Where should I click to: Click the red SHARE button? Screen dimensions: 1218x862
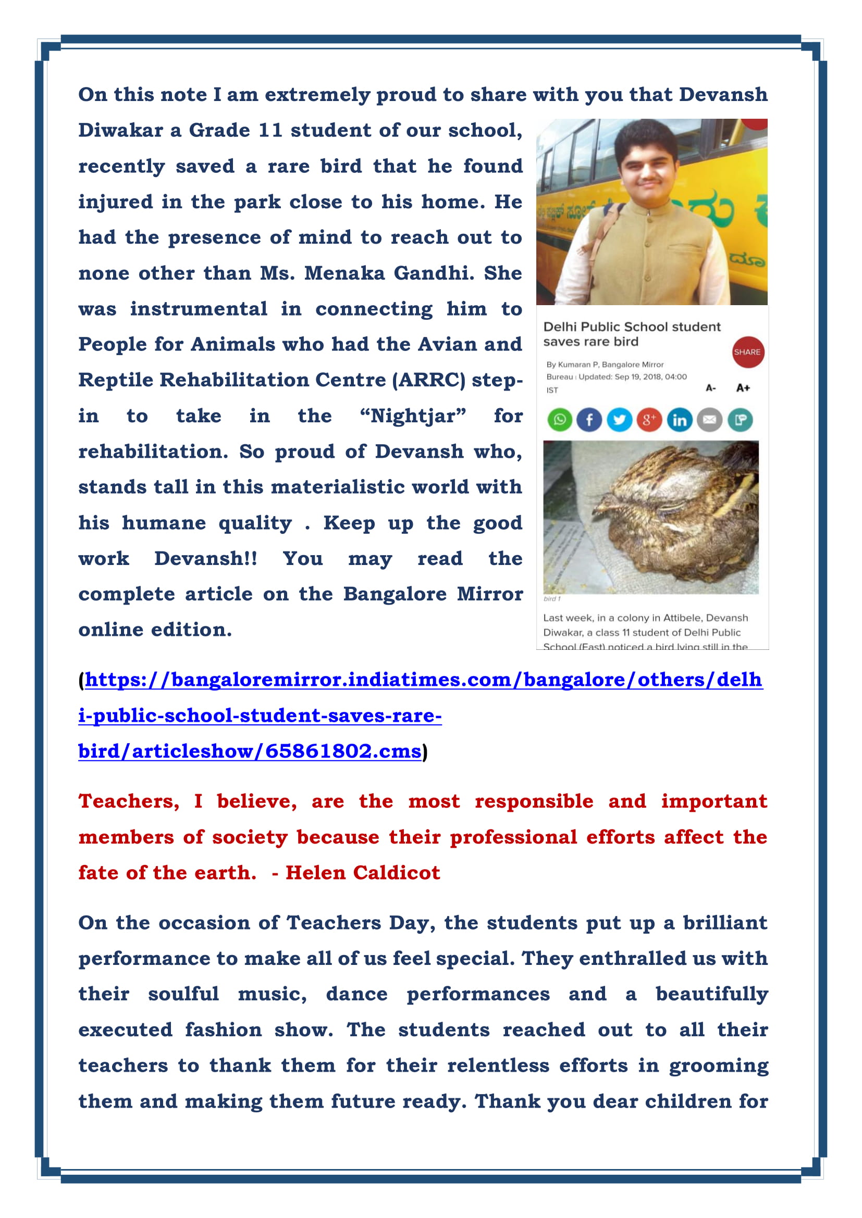(747, 352)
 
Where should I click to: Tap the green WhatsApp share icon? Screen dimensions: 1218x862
(559, 420)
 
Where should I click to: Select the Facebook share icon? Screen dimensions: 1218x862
(589, 420)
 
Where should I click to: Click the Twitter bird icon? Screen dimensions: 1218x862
(619, 420)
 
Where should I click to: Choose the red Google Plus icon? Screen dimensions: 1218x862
(649, 420)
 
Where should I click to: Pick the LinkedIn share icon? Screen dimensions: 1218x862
(680, 420)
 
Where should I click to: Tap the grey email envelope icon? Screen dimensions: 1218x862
(710, 420)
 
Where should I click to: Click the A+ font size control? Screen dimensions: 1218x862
(743, 388)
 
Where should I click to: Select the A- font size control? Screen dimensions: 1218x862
(711, 388)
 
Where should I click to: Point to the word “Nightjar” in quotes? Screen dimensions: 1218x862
(413, 416)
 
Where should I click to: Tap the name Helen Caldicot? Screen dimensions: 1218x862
(363, 873)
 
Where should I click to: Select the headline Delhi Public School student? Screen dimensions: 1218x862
(632, 327)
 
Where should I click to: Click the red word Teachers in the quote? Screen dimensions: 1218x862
(128, 801)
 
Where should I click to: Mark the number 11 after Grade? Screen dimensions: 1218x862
(270, 131)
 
